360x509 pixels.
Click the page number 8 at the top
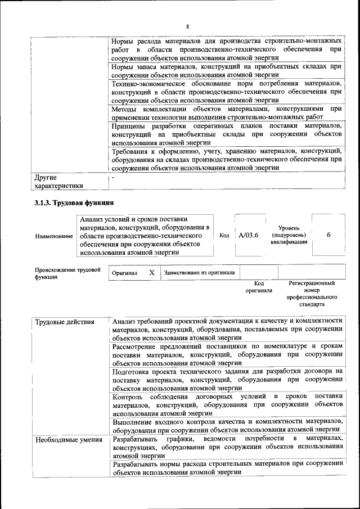tap(188, 27)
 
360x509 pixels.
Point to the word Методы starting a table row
tap(125, 108)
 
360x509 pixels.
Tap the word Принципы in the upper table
tap(128, 125)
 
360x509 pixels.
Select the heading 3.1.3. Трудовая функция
tap(75, 202)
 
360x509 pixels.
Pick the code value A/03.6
tap(248, 236)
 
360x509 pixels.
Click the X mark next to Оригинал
tap(151, 272)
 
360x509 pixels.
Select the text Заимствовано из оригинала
tap(199, 273)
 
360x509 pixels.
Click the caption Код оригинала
tap(259, 287)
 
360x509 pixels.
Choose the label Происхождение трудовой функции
tap(67, 273)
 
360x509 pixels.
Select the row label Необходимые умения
tap(68, 439)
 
